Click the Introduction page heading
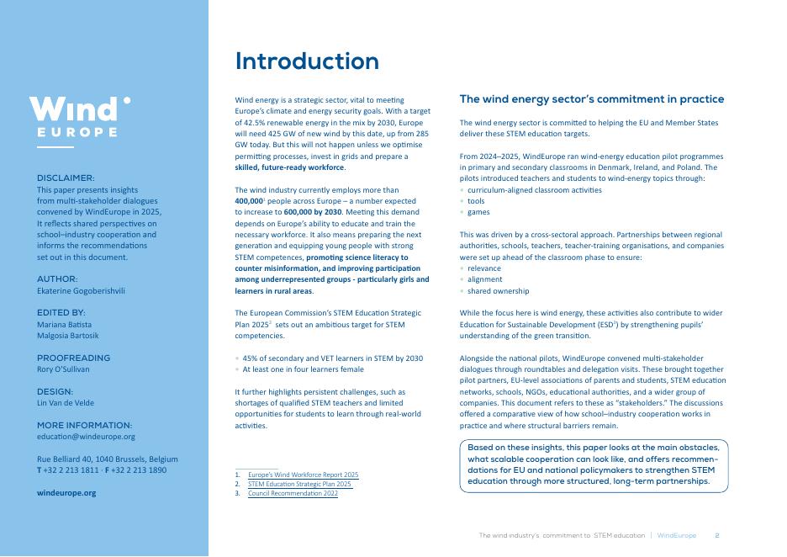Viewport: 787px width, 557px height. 307,61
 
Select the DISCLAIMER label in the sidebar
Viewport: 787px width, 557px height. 66,178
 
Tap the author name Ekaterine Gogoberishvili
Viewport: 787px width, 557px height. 81,290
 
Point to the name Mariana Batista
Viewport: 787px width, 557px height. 65,324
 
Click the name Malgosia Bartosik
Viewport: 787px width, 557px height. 67,335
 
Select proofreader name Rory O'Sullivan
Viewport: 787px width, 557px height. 63,369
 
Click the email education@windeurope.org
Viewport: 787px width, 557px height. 86,437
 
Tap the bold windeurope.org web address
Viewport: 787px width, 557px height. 66,493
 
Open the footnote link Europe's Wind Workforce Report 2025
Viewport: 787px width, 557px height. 303,475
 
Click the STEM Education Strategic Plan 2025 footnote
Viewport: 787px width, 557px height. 299,485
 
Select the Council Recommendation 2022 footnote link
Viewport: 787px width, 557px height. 293,494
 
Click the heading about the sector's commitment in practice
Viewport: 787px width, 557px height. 591,99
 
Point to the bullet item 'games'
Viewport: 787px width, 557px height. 478,212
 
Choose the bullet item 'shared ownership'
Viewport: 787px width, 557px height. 498,291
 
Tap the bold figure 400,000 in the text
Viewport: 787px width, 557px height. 250,202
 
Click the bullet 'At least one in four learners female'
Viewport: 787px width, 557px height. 303,369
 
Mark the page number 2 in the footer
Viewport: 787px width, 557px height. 716,535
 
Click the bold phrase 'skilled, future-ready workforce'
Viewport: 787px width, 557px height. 289,167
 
